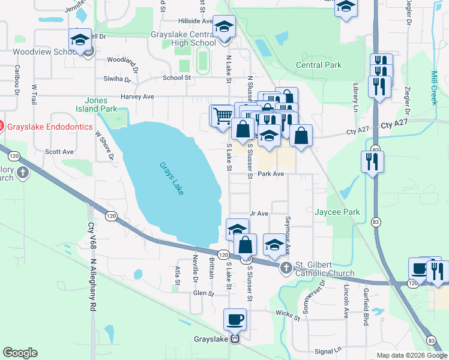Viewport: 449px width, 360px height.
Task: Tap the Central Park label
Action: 318,65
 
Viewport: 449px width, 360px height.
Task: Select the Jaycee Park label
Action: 337,212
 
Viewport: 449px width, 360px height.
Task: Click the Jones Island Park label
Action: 96,104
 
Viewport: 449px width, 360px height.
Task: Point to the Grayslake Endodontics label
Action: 50,127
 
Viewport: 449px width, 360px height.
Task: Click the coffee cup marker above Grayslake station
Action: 235,319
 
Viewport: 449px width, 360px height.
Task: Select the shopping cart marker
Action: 221,115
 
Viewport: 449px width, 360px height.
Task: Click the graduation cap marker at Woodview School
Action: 80,40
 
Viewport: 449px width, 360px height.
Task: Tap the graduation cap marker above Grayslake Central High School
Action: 224,27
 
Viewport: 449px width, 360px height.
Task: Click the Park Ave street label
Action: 270,173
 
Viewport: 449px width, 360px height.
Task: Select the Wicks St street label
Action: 288,314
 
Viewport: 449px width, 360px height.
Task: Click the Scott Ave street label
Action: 59,152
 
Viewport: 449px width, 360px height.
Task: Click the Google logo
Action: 20,353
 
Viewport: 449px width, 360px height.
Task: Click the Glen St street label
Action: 203,293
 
